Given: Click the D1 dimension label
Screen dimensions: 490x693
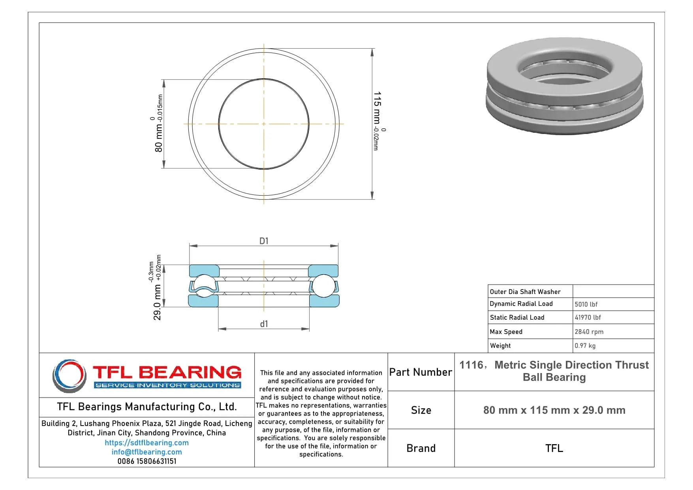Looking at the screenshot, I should (x=264, y=241).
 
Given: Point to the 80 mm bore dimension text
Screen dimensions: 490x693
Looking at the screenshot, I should (x=158, y=138).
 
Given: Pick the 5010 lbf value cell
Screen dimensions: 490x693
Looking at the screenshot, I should (x=586, y=304).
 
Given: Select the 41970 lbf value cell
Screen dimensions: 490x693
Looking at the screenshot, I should (x=588, y=317).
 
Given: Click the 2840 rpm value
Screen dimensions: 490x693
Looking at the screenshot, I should (x=589, y=332).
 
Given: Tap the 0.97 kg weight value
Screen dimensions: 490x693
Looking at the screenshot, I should (x=585, y=346).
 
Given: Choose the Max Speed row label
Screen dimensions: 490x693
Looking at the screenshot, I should (x=506, y=332).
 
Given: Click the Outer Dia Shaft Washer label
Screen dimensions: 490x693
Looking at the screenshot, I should (x=525, y=292).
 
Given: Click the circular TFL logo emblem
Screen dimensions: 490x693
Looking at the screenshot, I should (x=69, y=375).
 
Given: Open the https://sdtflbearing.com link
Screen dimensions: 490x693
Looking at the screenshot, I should (x=146, y=443).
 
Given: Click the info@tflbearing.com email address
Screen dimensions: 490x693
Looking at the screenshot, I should (x=146, y=452).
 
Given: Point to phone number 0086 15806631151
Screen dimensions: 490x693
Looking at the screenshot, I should (x=146, y=461).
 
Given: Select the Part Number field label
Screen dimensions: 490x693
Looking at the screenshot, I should (x=421, y=372).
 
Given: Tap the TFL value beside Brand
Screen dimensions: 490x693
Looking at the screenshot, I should (x=554, y=448).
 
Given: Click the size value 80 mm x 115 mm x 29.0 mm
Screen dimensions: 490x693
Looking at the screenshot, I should (x=554, y=410).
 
